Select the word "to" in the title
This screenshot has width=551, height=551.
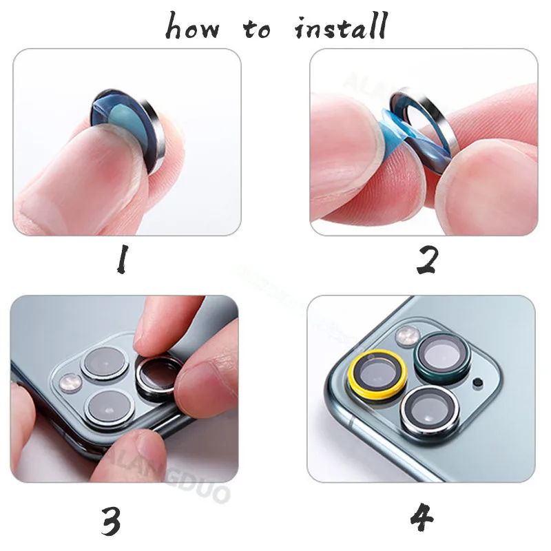coord(258,29)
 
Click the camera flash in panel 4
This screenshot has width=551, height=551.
coord(405,335)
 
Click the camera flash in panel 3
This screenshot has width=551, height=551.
coord(69,381)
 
